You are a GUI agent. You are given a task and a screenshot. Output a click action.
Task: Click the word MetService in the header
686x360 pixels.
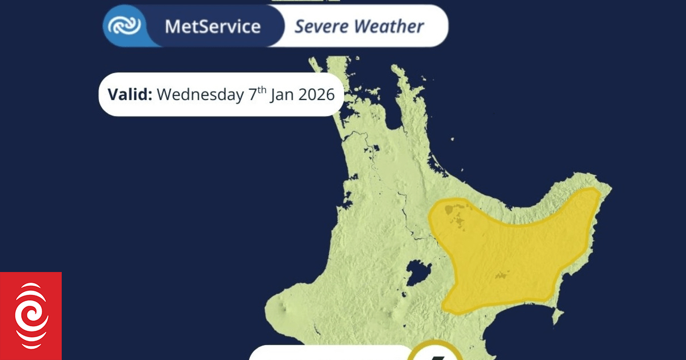[x=212, y=26]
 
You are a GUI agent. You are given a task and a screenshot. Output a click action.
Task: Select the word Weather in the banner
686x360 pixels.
[x=389, y=26]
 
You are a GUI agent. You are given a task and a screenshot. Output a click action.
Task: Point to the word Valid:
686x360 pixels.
[x=130, y=94]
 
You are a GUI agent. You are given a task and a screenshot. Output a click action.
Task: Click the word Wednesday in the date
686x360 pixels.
[x=200, y=94]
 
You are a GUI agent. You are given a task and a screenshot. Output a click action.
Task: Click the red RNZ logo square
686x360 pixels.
[x=31, y=316]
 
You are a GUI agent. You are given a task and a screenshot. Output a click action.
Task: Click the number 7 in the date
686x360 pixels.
[x=253, y=94]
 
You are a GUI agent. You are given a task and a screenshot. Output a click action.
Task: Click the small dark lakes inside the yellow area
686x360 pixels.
[x=457, y=215]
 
